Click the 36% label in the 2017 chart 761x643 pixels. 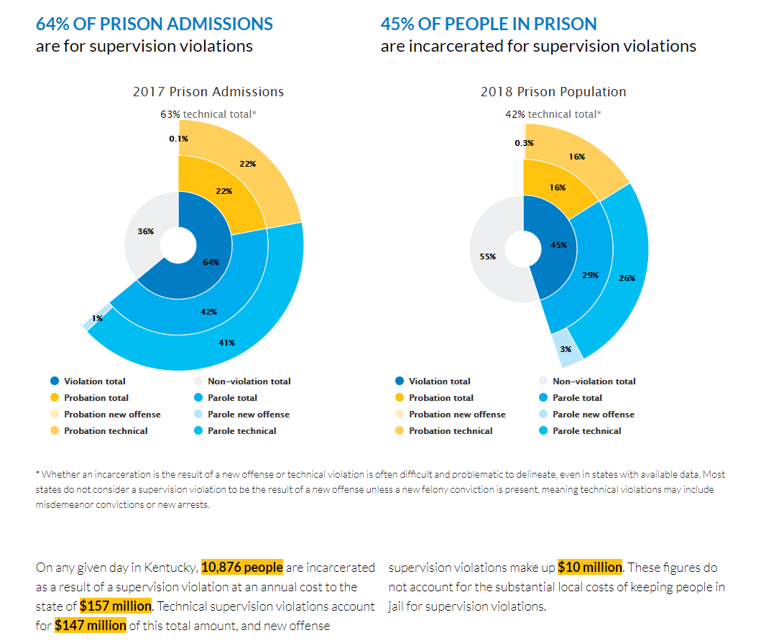coord(145,231)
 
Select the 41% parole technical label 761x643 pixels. coord(226,343)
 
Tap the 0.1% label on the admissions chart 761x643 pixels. coord(179,139)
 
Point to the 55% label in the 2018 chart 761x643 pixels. coord(488,256)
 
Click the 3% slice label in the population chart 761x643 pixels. coord(566,349)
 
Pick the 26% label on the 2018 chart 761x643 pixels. coord(627,277)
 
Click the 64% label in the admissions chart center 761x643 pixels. coord(211,262)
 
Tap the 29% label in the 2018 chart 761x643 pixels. coord(590,274)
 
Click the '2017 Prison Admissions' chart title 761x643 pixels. coord(208,92)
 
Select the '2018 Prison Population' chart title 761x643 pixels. coord(553,92)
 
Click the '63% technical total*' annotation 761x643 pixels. coord(208,114)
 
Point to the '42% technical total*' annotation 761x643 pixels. coord(553,114)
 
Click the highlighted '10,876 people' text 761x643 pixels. coord(242,568)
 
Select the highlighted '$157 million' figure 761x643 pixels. coord(116,606)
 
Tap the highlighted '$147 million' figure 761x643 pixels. coord(91,625)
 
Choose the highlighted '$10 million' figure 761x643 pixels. coord(590,568)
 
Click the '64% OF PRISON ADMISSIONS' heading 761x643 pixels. coord(154,24)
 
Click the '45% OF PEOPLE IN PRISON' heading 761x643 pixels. coord(489,24)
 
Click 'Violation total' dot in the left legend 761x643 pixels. coord(55,381)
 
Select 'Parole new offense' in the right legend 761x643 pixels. coord(593,415)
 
